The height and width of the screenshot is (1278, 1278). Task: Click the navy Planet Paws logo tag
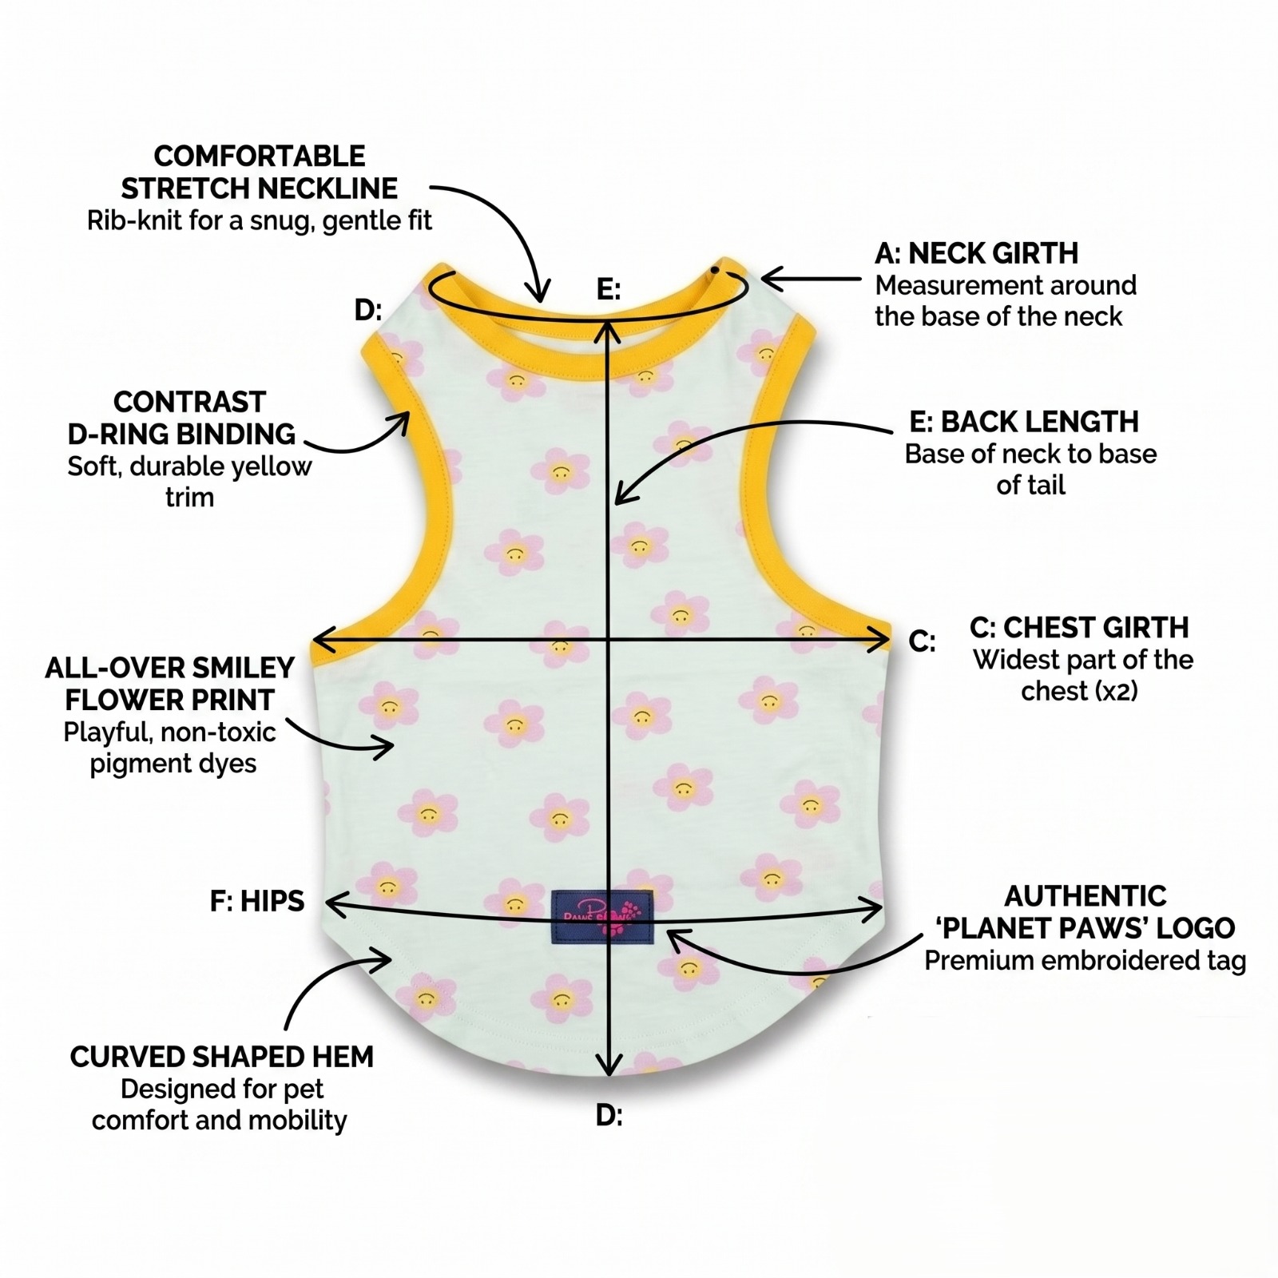pyautogui.click(x=603, y=918)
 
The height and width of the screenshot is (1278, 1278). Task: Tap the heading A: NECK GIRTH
pyautogui.click(x=976, y=253)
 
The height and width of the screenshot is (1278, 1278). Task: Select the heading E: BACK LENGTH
pyautogui.click(x=1023, y=422)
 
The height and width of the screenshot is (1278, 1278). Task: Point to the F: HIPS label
pyautogui.click(x=257, y=901)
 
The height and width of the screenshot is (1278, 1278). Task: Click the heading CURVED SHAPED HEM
pyautogui.click(x=222, y=1057)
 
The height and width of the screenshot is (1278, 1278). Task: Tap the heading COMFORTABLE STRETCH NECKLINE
pyautogui.click(x=260, y=172)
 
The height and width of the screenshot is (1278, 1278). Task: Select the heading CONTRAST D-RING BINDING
pyautogui.click(x=182, y=418)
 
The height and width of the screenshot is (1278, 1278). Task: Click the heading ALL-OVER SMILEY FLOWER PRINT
pyautogui.click(x=170, y=684)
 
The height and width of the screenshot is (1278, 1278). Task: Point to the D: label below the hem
pyautogui.click(x=609, y=1116)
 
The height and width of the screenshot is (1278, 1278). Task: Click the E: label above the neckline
pyautogui.click(x=609, y=289)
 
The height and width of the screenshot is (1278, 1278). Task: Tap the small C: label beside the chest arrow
pyautogui.click(x=923, y=641)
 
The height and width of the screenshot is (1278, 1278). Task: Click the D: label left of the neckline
pyautogui.click(x=368, y=310)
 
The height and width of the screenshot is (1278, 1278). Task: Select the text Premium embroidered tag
pyautogui.click(x=1086, y=961)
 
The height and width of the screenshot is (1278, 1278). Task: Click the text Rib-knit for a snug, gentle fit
pyautogui.click(x=260, y=220)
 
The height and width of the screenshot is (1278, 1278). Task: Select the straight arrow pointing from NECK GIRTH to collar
pyautogui.click(x=811, y=279)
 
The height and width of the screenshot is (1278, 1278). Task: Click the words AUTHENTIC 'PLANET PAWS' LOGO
pyautogui.click(x=1086, y=912)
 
